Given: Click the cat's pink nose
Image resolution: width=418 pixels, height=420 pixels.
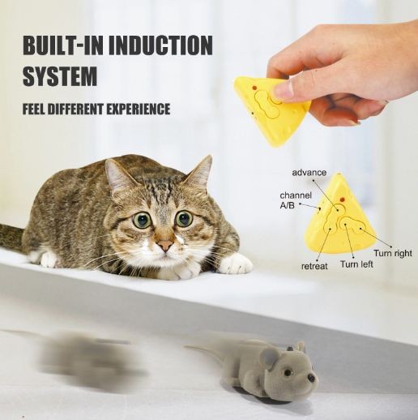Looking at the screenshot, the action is click(165, 246).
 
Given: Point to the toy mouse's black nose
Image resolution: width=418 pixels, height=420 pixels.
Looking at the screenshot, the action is click(313, 379).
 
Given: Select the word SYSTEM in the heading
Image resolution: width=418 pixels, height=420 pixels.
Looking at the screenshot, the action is click(60, 76).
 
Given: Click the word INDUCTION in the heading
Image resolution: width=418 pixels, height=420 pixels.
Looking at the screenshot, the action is click(160, 45).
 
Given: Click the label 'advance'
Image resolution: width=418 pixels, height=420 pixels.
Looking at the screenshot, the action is click(309, 172).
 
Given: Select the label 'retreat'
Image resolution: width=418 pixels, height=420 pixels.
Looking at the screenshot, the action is click(314, 266).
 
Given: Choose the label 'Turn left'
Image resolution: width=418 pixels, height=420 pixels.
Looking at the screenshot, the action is click(356, 264).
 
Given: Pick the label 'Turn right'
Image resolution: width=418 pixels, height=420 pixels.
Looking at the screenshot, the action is click(393, 253).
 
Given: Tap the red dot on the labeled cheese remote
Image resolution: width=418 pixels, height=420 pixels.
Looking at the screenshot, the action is click(343, 199).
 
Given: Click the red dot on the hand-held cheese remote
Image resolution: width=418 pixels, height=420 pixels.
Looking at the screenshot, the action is click(254, 88).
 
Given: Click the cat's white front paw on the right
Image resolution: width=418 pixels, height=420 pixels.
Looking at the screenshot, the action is click(236, 263).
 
